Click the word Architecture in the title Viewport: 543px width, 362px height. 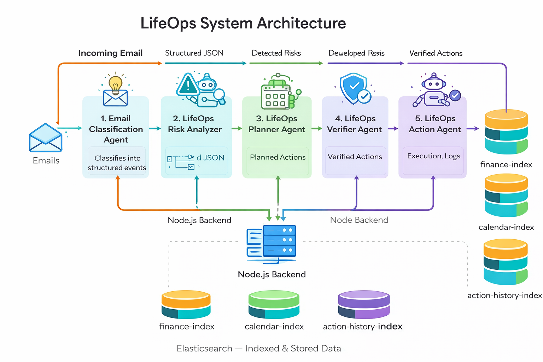point(301,23)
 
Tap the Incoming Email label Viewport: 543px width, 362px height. point(110,53)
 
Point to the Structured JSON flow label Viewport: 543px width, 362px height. point(194,53)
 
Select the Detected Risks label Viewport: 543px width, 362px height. point(276,53)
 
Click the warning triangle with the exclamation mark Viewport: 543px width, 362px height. point(188,85)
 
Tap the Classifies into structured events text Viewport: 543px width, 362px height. point(117,163)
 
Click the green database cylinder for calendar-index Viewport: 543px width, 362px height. point(274,305)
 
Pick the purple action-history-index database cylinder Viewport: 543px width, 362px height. point(364,305)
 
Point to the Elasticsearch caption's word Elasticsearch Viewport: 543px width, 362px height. point(204,349)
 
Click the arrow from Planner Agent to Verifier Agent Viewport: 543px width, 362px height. point(317,129)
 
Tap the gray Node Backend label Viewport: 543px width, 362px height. point(359,220)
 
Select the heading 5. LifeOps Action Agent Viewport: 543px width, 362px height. point(435,124)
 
